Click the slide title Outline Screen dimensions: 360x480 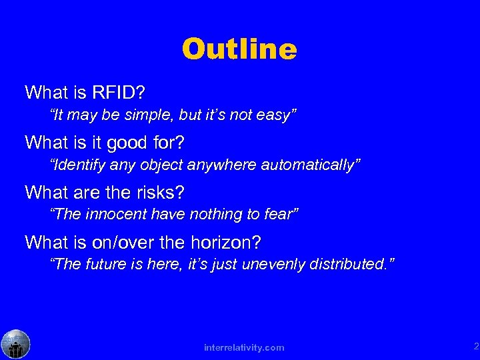[x=239, y=49]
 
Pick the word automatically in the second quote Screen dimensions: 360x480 [x=317, y=165]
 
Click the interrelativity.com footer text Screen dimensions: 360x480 [x=245, y=347]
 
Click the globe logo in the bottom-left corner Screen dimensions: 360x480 [x=15, y=344]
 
